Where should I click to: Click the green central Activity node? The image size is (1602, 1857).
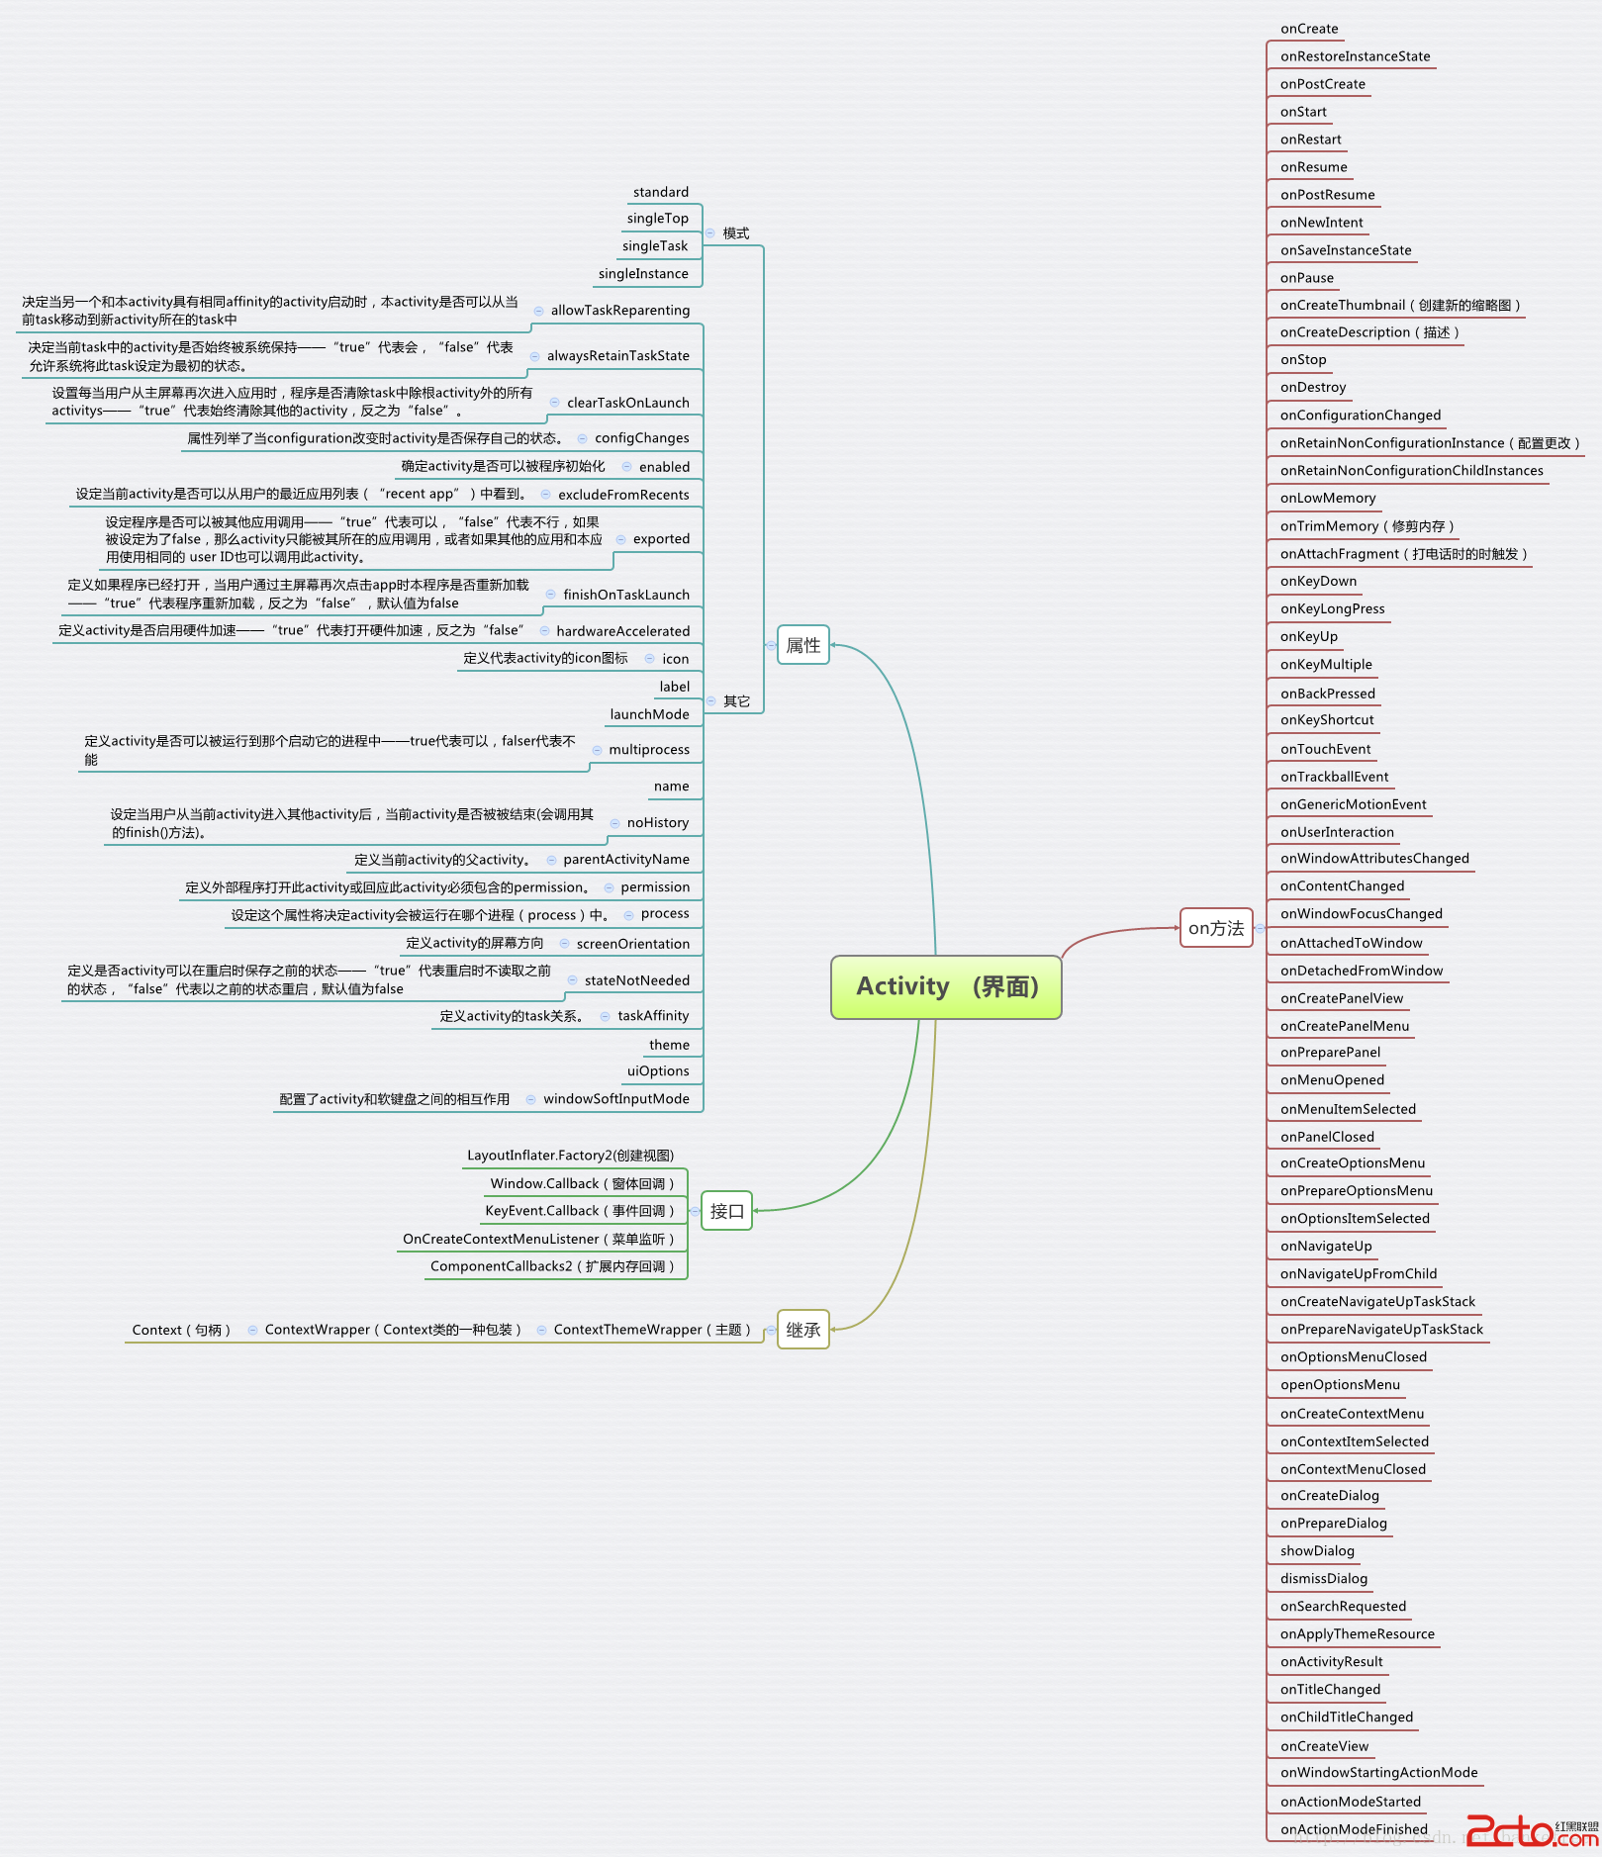tap(946, 986)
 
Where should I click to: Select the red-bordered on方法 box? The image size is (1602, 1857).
tap(1216, 928)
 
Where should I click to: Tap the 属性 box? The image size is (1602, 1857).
tap(802, 645)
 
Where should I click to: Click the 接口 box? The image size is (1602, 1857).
tap(726, 1210)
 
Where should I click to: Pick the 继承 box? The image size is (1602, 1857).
tap(802, 1330)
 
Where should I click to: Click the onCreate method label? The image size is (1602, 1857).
tap(1309, 29)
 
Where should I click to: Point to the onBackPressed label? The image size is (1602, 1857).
tap(1328, 694)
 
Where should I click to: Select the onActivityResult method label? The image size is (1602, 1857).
tap(1331, 1661)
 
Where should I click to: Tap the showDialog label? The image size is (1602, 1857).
tap(1317, 1550)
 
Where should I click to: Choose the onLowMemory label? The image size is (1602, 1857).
tap(1328, 498)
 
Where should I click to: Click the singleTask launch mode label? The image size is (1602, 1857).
tap(655, 245)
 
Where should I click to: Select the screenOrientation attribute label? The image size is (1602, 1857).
tap(633, 944)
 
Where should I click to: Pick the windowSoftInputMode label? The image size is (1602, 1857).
tap(616, 1098)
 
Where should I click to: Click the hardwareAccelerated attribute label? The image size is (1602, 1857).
tap(623, 631)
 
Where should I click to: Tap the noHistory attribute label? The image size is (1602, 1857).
tap(658, 822)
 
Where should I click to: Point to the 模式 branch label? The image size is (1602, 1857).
tap(736, 233)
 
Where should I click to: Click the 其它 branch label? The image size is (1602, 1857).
tap(737, 701)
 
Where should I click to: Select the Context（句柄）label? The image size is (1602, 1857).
tap(181, 1330)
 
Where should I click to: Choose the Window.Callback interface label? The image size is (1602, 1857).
tap(582, 1183)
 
